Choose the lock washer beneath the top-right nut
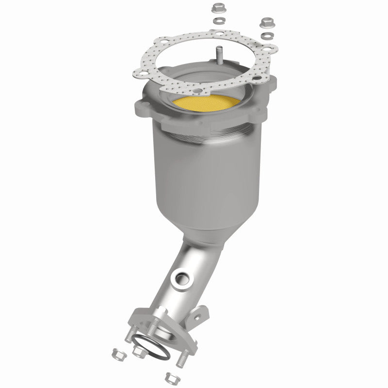[x=266, y=36]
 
